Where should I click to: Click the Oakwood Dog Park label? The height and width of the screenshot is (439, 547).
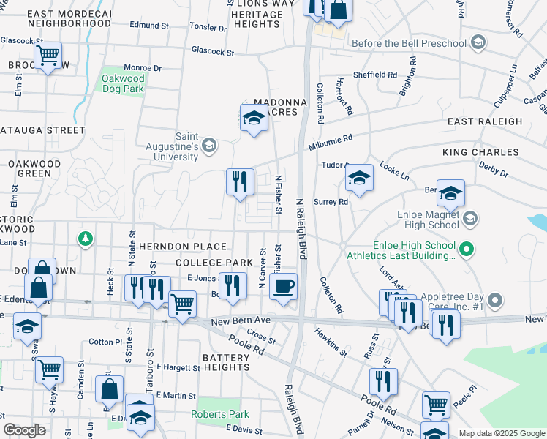(x=123, y=84)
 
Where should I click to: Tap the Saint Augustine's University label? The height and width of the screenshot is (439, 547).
(x=186, y=146)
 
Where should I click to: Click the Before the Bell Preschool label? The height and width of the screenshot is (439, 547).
(x=409, y=43)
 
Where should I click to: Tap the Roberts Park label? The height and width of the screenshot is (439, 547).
(x=219, y=414)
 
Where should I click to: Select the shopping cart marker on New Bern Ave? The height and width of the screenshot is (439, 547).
(x=182, y=304)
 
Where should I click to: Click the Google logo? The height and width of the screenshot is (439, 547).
(x=24, y=430)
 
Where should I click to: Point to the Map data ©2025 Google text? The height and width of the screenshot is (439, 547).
(x=501, y=433)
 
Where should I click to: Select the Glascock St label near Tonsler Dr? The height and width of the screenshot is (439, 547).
(x=212, y=53)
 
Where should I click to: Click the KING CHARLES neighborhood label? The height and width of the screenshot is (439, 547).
(x=480, y=153)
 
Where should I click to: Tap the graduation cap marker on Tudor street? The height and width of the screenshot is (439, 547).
(x=359, y=178)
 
